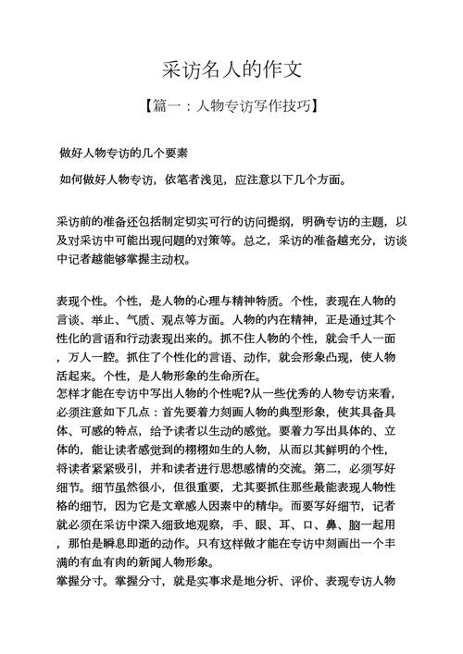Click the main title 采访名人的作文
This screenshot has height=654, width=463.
pos(231,69)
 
